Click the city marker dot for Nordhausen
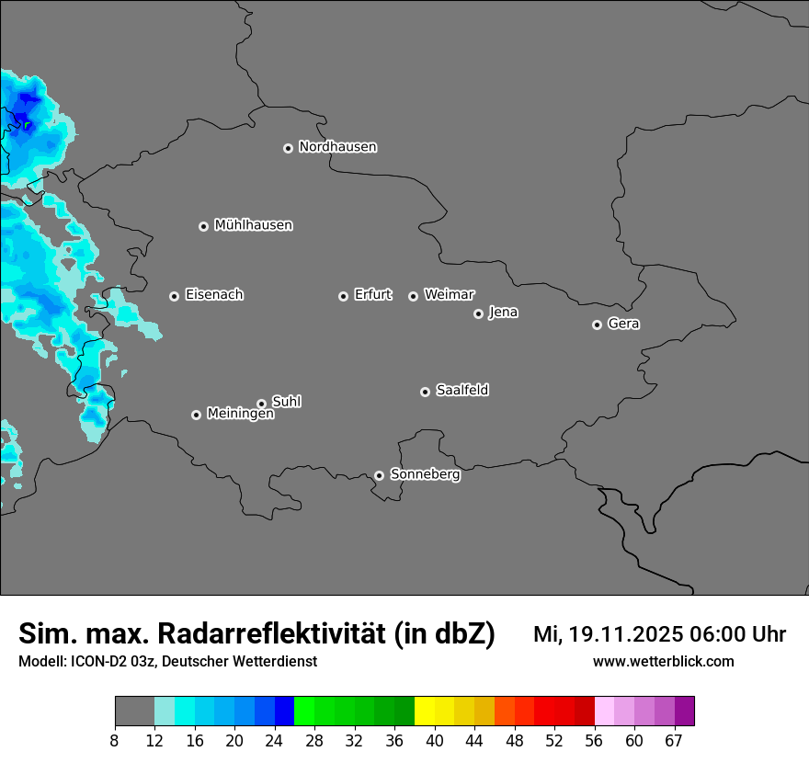tap(288, 148)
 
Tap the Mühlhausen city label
tap(253, 225)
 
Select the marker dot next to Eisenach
tap(174, 296)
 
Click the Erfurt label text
tap(372, 295)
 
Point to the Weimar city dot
tap(413, 296)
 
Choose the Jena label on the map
tap(503, 313)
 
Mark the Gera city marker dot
tap(597, 325)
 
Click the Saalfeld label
tap(461, 391)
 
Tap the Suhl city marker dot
tap(261, 404)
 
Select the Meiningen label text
tap(240, 415)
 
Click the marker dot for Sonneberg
tap(379, 475)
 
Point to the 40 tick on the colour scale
tap(435, 741)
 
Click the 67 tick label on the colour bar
tap(674, 741)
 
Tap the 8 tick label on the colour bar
tap(115, 741)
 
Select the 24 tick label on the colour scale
tap(275, 741)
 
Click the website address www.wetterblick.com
tap(663, 662)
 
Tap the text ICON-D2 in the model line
tap(96, 662)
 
